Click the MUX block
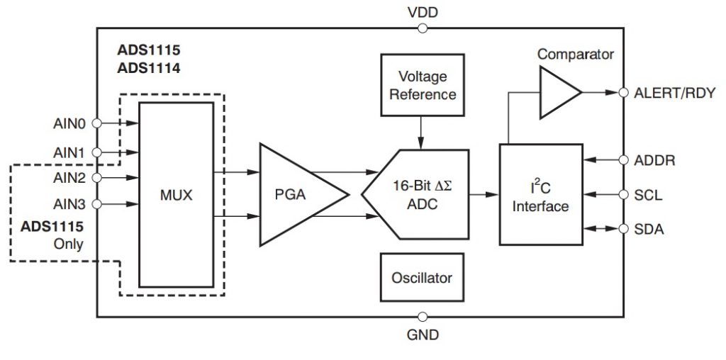[177, 195]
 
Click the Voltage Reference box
[423, 85]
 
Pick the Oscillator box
[422, 277]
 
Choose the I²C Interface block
[541, 194]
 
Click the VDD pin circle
[423, 28]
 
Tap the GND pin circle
[423, 317]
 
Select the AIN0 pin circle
[96, 123]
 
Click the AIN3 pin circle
[96, 204]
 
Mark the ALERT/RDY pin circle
[624, 92]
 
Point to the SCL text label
[648, 196]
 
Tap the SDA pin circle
[624, 229]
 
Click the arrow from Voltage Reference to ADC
[421, 133]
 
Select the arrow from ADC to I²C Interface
[484, 195]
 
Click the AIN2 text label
[69, 178]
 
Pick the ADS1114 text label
[149, 69]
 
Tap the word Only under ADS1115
[69, 244]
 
